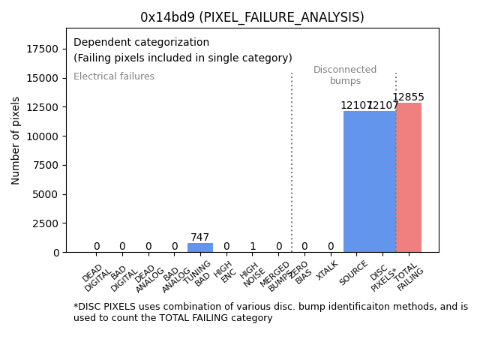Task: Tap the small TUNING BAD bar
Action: tap(200, 247)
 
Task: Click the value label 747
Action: tap(200, 238)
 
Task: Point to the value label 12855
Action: tap(409, 97)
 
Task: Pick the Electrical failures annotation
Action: tap(114, 76)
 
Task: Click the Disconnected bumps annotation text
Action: tap(345, 75)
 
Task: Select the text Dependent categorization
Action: tap(141, 42)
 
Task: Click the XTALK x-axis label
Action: tap(326, 271)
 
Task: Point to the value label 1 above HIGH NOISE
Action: tap(253, 247)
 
